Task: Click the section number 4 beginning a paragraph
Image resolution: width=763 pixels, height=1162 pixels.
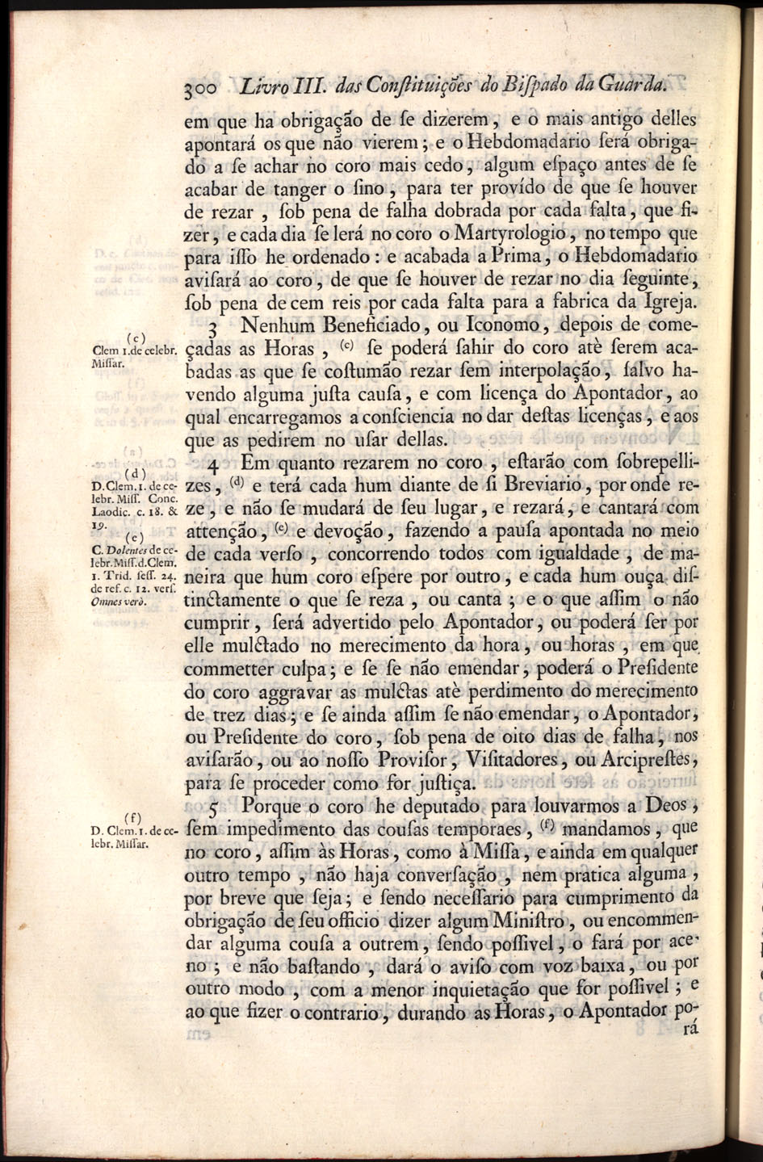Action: [213, 469]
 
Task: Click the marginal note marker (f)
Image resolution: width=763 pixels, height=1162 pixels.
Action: [127, 817]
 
